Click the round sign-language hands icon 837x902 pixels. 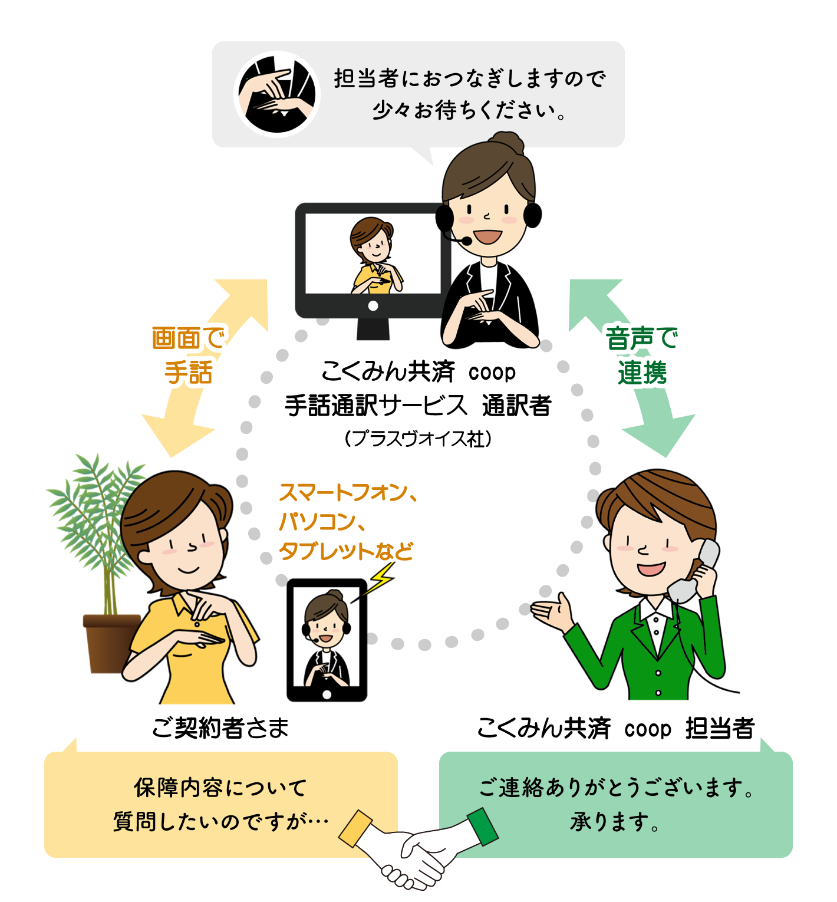coord(277,94)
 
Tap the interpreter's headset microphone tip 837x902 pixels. coord(466,241)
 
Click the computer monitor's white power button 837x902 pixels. coord(373,306)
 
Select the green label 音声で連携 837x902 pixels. coord(642,355)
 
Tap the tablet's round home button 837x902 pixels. coord(327,694)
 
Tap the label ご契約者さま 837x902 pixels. coord(220,728)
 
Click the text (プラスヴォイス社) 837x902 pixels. coord(418,439)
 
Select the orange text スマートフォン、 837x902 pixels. coord(348,492)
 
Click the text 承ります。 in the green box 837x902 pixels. coord(615,821)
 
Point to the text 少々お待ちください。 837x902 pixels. coord(469,110)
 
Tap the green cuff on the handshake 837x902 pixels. coord(483,826)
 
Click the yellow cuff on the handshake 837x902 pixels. coord(355,828)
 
